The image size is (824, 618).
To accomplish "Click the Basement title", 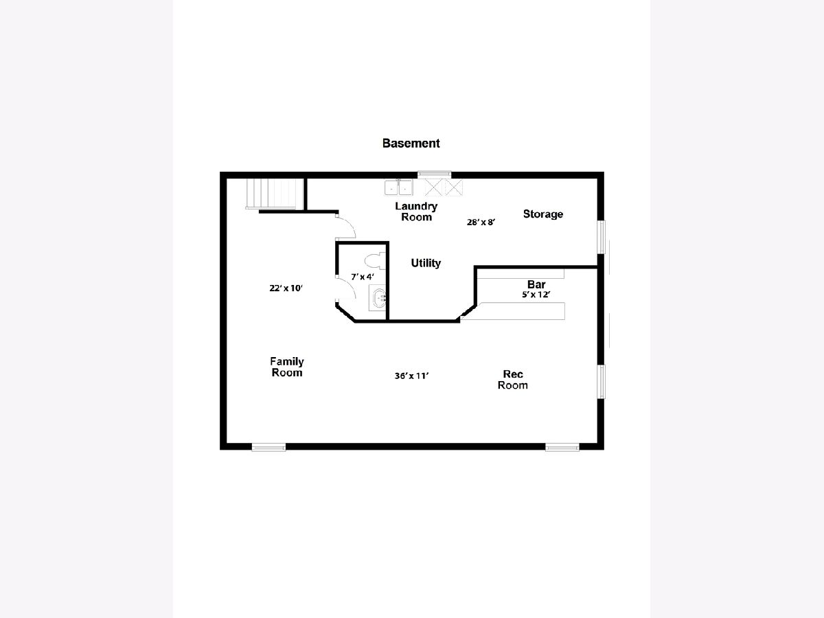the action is [x=411, y=144].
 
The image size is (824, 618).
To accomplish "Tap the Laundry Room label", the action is [x=416, y=211].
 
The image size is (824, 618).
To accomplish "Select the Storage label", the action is [x=543, y=214].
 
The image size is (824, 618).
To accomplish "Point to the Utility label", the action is [x=426, y=263].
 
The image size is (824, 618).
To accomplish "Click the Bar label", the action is [x=536, y=284].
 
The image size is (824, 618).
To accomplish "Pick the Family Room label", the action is [x=287, y=367].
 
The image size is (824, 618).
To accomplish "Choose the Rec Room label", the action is [x=512, y=379].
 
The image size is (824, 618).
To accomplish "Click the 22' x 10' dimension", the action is [x=286, y=288].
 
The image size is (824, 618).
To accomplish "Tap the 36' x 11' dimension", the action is [x=411, y=376].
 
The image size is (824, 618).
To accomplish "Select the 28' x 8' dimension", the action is [x=481, y=222].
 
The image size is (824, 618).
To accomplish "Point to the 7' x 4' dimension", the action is [x=363, y=277].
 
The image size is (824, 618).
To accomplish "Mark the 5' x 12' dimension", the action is [x=536, y=295].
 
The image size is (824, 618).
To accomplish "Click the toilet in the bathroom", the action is [x=376, y=260].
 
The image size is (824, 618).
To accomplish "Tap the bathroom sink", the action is [x=378, y=297].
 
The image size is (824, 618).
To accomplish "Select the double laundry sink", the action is [x=399, y=187].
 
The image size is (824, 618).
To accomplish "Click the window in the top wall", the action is [x=435, y=174].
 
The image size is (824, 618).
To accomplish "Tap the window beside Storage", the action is [x=602, y=237].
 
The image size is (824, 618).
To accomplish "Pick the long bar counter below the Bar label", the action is [x=513, y=311].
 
